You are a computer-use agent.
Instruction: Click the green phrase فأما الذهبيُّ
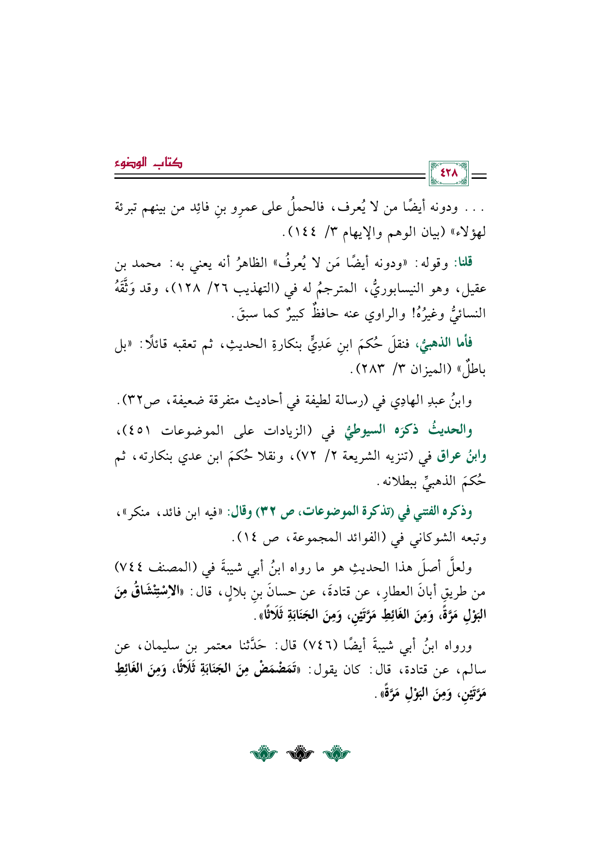443,344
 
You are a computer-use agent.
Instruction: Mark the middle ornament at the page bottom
300,755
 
